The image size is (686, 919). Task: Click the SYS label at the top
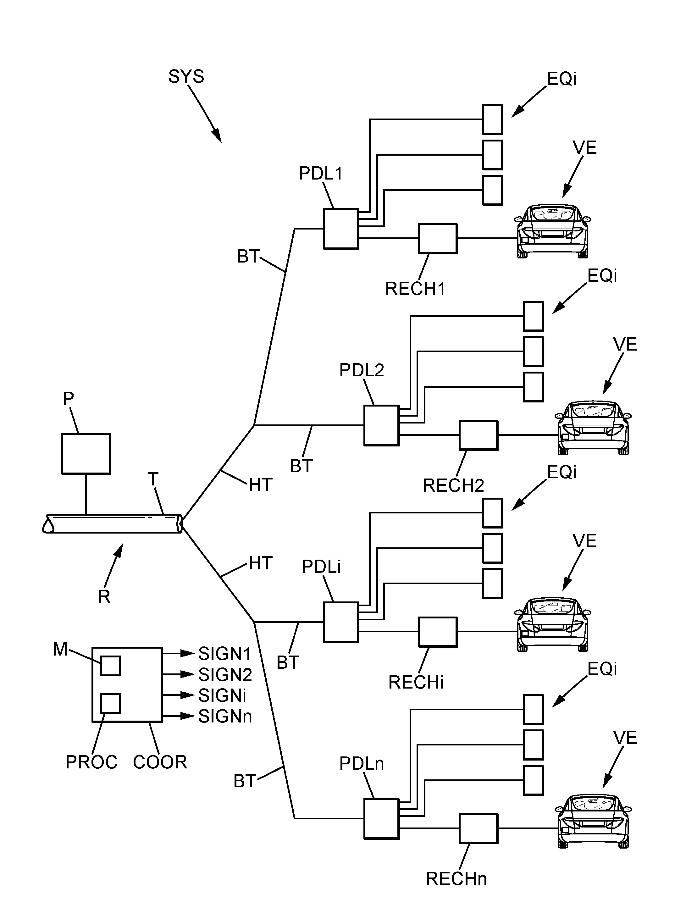(x=186, y=77)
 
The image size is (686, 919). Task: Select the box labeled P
(x=86, y=454)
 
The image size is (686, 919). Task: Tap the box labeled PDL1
(x=341, y=229)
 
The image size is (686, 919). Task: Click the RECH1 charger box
(x=438, y=239)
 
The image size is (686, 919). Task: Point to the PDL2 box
(x=381, y=426)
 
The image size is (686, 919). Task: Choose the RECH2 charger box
(x=478, y=435)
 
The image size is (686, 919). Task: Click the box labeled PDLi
(x=341, y=622)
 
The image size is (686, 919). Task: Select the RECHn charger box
(x=478, y=828)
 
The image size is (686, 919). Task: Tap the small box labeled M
(x=110, y=666)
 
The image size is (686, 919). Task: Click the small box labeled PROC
(x=110, y=703)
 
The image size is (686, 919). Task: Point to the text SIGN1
(x=225, y=654)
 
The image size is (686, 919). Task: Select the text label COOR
(x=160, y=762)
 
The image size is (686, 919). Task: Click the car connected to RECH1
(x=552, y=231)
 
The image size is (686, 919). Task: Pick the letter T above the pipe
(x=153, y=480)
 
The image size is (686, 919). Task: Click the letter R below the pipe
(x=104, y=597)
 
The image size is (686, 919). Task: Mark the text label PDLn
(x=361, y=764)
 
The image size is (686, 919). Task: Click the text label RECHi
(x=416, y=682)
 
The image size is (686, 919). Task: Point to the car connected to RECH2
(x=593, y=428)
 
